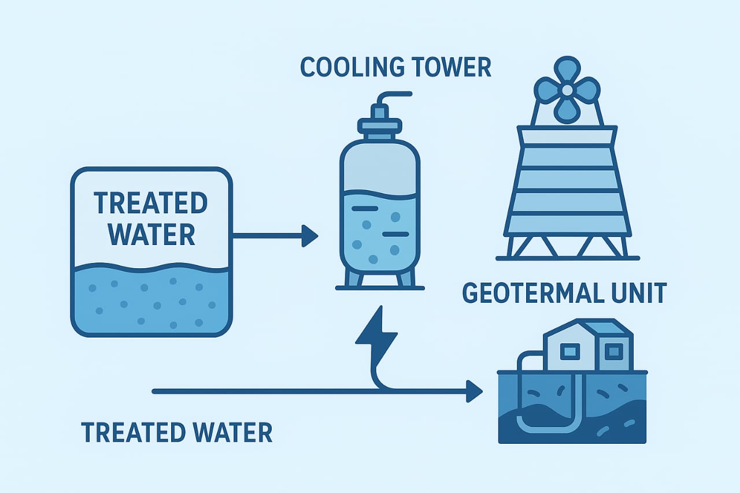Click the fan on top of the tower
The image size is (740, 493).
(x=567, y=90)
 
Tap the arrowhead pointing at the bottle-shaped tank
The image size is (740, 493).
(x=310, y=236)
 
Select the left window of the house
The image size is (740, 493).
(x=571, y=350)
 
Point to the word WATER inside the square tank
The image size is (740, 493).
(x=151, y=235)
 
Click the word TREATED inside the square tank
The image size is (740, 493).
(x=150, y=203)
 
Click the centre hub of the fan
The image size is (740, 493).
(x=567, y=90)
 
